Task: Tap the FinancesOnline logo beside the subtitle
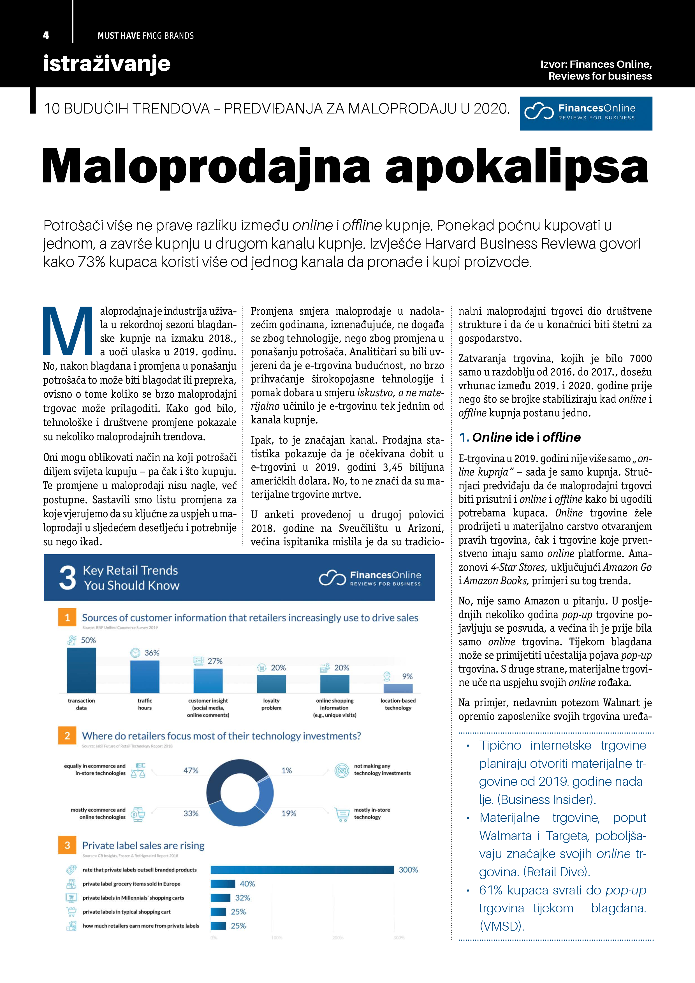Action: click(x=586, y=113)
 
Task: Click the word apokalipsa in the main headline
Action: click(x=516, y=167)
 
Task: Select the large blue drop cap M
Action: click(x=68, y=331)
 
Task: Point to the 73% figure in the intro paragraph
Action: click(x=91, y=262)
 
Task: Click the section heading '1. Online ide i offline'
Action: click(x=520, y=437)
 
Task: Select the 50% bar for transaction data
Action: click(x=81, y=670)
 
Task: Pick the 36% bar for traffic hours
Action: click(x=145, y=676)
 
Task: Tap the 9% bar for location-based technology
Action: click(x=398, y=688)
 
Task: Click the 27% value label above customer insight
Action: click(x=215, y=661)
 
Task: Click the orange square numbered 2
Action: click(x=67, y=736)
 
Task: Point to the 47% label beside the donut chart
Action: click(x=191, y=770)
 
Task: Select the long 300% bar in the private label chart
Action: click(x=302, y=870)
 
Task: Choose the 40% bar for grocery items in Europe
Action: click(x=223, y=884)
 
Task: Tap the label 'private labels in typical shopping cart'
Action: click(x=126, y=912)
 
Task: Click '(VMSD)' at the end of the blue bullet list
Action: click(x=501, y=926)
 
